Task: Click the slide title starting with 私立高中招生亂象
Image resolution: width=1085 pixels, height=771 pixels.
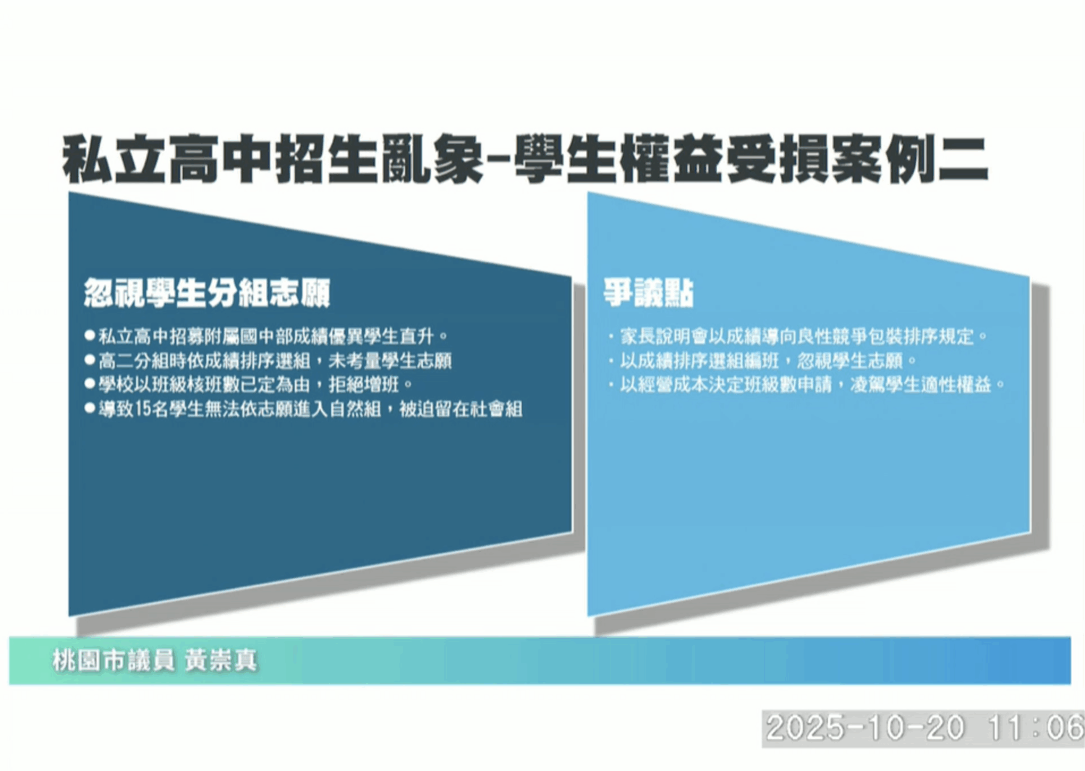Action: (524, 160)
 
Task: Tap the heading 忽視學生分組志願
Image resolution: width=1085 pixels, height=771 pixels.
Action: (207, 293)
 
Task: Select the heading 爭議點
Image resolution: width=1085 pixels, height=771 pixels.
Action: (649, 293)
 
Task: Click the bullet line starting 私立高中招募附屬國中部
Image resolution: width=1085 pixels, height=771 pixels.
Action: (273, 336)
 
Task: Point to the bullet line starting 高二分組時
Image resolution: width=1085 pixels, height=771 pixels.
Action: (275, 360)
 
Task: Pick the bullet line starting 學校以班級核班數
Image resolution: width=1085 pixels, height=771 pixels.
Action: (255, 384)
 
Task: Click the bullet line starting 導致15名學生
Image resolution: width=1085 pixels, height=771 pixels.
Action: (310, 409)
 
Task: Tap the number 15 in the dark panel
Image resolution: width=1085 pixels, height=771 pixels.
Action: (142, 409)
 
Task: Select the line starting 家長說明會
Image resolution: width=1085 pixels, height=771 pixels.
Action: (803, 336)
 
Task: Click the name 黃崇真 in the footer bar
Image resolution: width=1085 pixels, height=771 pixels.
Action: (221, 660)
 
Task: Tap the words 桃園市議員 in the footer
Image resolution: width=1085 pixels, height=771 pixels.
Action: (113, 660)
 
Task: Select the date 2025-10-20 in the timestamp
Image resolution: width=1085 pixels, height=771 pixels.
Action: (865, 728)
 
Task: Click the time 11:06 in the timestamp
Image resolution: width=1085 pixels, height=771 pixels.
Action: (1036, 728)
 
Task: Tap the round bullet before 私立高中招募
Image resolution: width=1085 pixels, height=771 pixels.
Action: (90, 336)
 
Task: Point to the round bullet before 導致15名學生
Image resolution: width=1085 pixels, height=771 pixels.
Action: (90, 409)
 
